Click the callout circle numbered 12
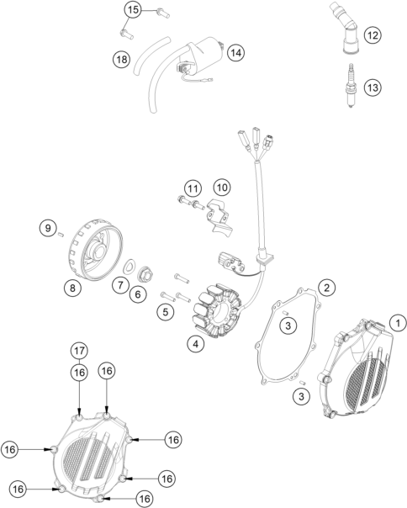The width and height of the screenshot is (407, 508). (373, 35)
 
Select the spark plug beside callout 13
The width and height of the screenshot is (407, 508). (351, 85)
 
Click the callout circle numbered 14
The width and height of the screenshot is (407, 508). (236, 52)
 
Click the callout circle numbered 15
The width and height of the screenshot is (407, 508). (133, 10)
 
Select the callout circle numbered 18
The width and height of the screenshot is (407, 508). (122, 60)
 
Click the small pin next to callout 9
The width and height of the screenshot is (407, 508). (60, 235)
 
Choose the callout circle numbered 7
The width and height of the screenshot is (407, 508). (120, 285)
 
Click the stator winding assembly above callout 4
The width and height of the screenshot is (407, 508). (217, 311)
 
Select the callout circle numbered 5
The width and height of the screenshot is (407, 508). (166, 312)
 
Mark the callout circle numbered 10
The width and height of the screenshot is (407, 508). (222, 188)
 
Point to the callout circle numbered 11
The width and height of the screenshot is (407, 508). (193, 188)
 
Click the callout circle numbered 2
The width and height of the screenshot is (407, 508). (326, 288)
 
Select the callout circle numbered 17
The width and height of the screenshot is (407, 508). (79, 351)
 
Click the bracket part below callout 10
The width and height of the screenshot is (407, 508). (219, 215)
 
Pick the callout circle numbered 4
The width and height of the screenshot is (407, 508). (195, 343)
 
